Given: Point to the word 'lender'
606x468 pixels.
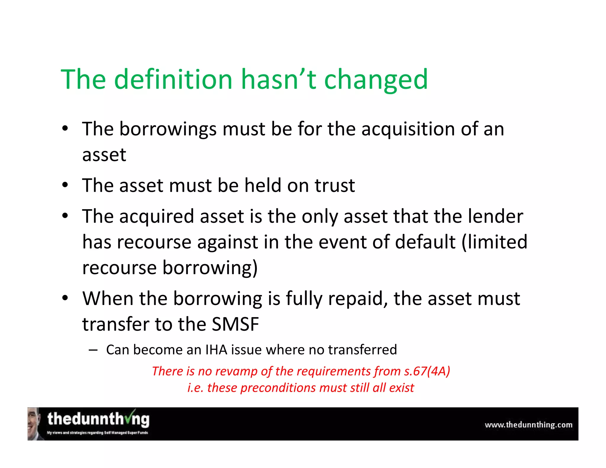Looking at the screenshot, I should click(x=495, y=216).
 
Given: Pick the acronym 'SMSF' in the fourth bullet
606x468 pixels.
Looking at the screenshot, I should click(x=235, y=324).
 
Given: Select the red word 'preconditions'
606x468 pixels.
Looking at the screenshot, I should click(x=278, y=388).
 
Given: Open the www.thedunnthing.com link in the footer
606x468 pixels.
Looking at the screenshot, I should click(x=528, y=425).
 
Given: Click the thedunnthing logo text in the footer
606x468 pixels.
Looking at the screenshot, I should click(x=98, y=419).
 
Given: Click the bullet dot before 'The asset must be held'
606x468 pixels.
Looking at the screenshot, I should click(x=65, y=185).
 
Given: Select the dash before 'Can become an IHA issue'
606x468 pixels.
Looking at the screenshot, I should click(x=93, y=350).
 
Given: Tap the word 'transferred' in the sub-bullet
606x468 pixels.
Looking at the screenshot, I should click(x=362, y=350).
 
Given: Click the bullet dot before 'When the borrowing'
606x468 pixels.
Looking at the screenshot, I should click(x=65, y=298).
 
